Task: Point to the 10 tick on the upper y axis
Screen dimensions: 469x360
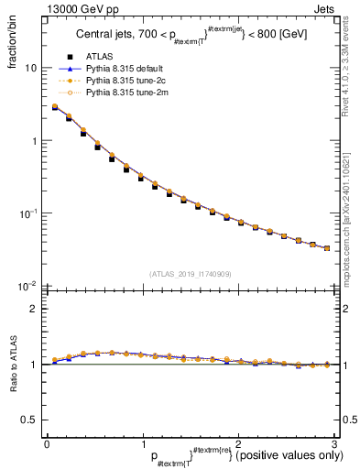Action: (x=32, y=69)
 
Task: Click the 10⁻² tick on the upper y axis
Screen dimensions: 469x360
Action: (x=29, y=286)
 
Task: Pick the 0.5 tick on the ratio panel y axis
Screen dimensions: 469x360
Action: (x=30, y=420)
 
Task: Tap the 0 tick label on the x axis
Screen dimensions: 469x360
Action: (x=47, y=445)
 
